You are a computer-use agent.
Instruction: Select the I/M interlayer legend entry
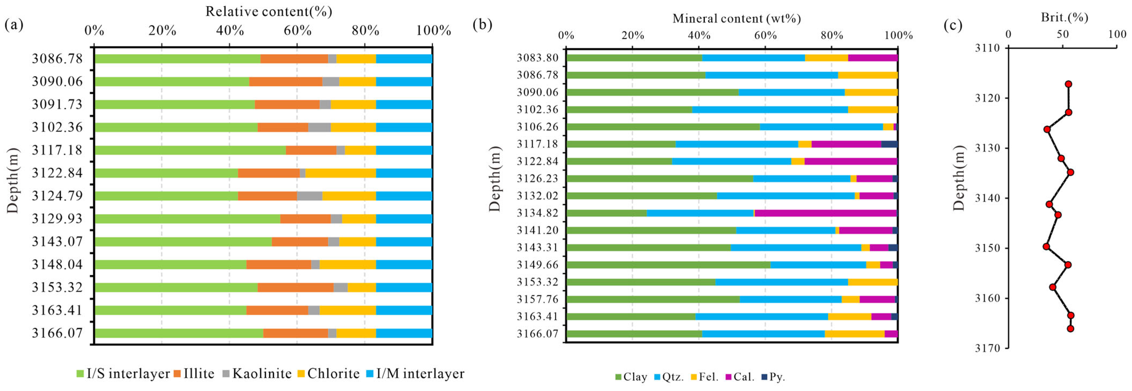pos(415,373)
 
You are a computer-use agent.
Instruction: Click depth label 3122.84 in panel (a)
pos(57,173)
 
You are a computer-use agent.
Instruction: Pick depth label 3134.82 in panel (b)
pos(537,213)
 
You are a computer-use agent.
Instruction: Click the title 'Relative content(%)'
pos(269,11)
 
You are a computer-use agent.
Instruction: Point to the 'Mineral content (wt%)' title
pos(737,19)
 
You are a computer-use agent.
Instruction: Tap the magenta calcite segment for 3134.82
pos(826,213)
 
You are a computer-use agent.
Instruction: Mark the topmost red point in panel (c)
pos(1068,84)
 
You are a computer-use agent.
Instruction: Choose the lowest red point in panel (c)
pos(1070,329)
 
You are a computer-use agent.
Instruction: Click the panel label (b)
pos(482,25)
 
